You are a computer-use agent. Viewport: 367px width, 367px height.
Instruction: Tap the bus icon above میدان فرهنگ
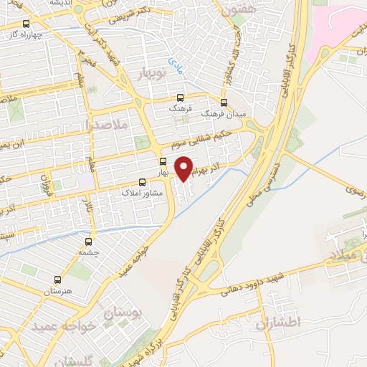(x=224, y=103)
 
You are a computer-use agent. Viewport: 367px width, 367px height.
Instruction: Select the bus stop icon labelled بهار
(x=163, y=162)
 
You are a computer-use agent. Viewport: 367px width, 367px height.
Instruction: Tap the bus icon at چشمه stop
(x=88, y=242)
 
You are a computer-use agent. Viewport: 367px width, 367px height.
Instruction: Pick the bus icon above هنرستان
(x=57, y=280)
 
